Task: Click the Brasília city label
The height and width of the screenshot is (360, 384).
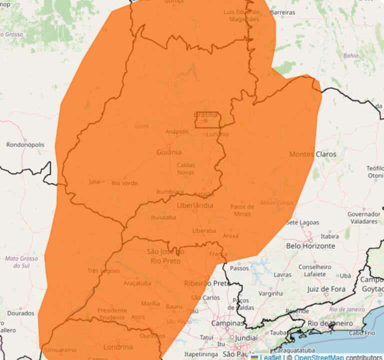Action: [x=205, y=114]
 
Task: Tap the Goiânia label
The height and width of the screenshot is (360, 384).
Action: [x=169, y=152]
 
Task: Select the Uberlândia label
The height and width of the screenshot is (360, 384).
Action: [x=194, y=205]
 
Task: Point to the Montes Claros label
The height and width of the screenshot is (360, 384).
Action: [x=312, y=154]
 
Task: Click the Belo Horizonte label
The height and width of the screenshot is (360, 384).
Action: [x=310, y=246]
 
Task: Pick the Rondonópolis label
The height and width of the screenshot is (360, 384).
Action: [x=25, y=144]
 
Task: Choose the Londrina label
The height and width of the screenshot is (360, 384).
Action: [x=118, y=346]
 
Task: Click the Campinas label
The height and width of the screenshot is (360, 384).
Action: [x=227, y=323]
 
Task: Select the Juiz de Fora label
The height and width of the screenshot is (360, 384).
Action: [x=326, y=289]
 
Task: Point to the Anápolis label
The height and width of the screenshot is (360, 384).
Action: [x=177, y=131]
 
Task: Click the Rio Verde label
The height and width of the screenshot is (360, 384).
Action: [x=124, y=183]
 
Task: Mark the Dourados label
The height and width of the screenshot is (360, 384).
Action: [x=21, y=313]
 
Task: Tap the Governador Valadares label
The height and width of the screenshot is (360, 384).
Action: [x=363, y=217]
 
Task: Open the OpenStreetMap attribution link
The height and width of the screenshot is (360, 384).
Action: [x=318, y=357]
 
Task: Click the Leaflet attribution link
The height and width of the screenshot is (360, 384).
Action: [x=270, y=357]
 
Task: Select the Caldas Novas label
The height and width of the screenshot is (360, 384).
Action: [x=185, y=168]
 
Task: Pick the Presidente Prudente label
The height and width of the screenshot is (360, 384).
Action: [x=111, y=313]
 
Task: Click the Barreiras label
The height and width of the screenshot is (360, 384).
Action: [x=283, y=11]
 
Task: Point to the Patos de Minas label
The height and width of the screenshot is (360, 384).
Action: [x=243, y=210]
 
